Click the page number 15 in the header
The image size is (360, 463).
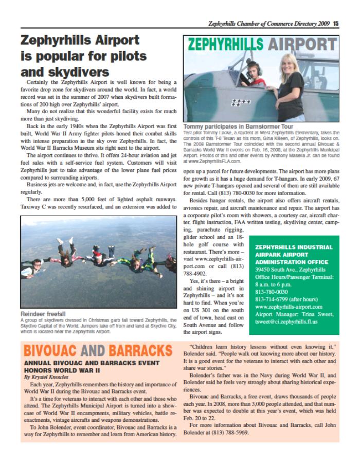tap(335, 23)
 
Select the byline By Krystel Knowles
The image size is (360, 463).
tap(46, 377)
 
